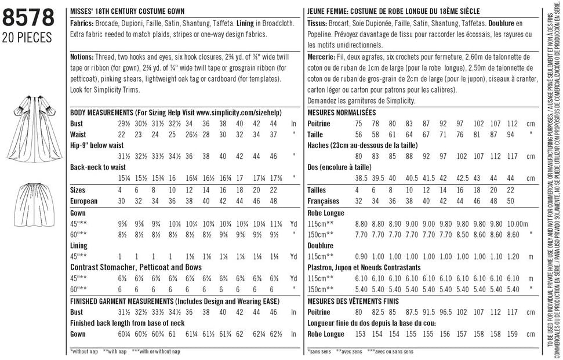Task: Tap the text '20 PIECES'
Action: [28, 38]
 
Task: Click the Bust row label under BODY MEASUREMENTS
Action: [77, 123]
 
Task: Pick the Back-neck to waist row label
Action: [97, 167]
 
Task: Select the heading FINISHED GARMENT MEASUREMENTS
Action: [174, 301]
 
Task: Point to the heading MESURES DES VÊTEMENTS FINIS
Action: [363, 301]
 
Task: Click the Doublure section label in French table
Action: [321, 245]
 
